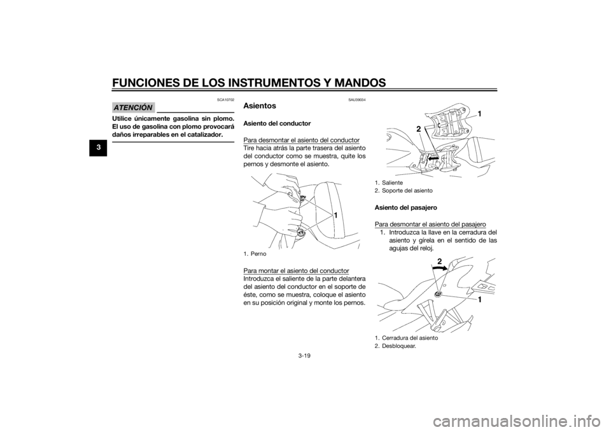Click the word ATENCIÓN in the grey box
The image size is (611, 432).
tap(133, 107)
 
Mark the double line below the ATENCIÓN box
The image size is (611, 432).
tap(174, 141)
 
